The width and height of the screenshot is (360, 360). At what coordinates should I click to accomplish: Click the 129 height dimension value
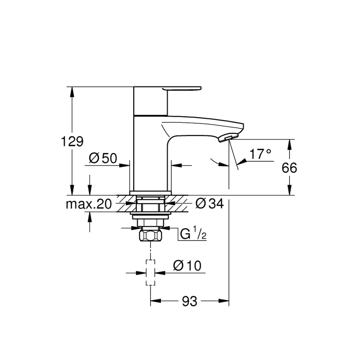click(73, 141)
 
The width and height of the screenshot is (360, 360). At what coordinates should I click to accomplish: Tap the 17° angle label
click(260, 154)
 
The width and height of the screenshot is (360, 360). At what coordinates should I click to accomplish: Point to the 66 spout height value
click(289, 168)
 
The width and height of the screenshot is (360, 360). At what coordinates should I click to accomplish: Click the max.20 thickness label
click(89, 204)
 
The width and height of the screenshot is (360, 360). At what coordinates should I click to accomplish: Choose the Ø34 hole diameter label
click(209, 203)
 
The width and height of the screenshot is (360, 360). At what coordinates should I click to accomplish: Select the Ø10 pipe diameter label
click(187, 265)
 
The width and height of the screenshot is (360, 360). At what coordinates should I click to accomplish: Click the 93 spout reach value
click(190, 302)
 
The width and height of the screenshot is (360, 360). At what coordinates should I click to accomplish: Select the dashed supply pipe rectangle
click(150, 272)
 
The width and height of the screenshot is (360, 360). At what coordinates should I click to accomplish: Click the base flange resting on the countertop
click(150, 192)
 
